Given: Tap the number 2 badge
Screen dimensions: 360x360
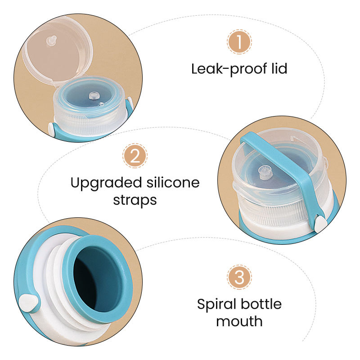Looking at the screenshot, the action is [135, 156].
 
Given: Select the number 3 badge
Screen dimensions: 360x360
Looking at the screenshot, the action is [239, 277].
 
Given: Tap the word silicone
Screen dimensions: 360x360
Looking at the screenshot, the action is [170, 183].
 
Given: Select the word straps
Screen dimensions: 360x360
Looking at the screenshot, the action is [135, 199].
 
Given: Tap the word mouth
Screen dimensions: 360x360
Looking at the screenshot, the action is [239, 321].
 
